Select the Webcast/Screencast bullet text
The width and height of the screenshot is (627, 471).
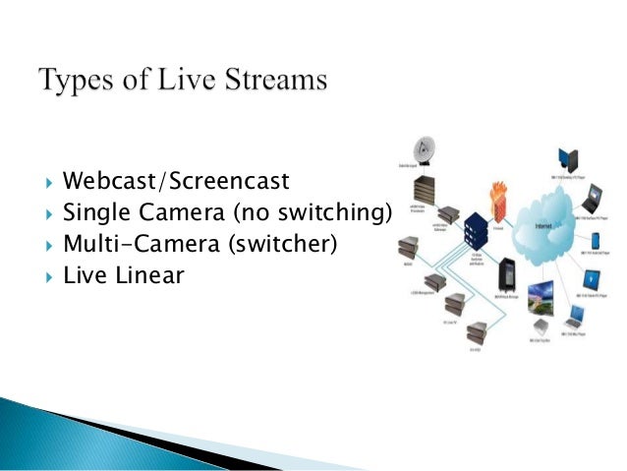[x=176, y=182]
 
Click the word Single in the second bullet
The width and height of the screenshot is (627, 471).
[x=94, y=212]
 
